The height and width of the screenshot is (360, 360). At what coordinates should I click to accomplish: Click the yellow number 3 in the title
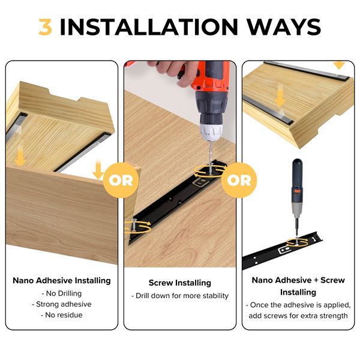tap(45, 27)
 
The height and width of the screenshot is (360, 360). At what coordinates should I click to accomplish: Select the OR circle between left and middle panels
tap(121, 180)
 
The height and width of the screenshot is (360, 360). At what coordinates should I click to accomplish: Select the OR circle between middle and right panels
tap(239, 180)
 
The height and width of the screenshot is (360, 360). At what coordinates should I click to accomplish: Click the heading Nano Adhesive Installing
tap(62, 281)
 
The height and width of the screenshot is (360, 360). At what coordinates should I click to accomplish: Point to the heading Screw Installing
tap(180, 283)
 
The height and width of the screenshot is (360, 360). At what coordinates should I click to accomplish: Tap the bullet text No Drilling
tap(62, 293)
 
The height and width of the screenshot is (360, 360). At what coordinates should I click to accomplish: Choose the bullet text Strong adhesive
tap(62, 304)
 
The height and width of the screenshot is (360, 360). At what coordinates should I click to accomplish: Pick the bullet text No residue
tap(62, 315)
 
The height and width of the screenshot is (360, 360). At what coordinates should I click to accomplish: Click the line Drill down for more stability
tap(180, 296)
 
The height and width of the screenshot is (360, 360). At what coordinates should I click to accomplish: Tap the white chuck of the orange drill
tap(211, 131)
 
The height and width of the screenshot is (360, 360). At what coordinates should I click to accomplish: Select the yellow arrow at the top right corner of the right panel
tap(339, 65)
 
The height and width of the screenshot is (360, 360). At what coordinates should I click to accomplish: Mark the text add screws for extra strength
tap(298, 316)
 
